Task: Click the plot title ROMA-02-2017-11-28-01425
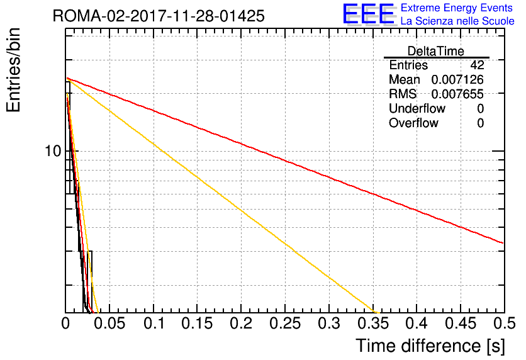coord(159,16)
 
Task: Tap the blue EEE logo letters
coord(368,14)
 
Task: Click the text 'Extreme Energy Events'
coord(457,8)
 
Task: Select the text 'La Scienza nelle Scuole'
coord(457,21)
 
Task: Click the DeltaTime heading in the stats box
coord(436,51)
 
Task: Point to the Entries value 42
coord(477,65)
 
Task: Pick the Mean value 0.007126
coord(457,79)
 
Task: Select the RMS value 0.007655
coord(457,94)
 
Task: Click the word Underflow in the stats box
coord(417,108)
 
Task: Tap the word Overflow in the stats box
coord(413,123)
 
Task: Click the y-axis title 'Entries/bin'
coord(13,70)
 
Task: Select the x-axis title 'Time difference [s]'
coord(430,346)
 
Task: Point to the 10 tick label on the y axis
coord(53,151)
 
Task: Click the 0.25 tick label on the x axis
coord(285,323)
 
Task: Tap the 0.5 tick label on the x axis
coord(504,323)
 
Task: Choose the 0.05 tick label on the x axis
coord(109,323)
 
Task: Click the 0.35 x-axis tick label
coord(373,323)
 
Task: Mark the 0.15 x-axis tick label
coord(197,323)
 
